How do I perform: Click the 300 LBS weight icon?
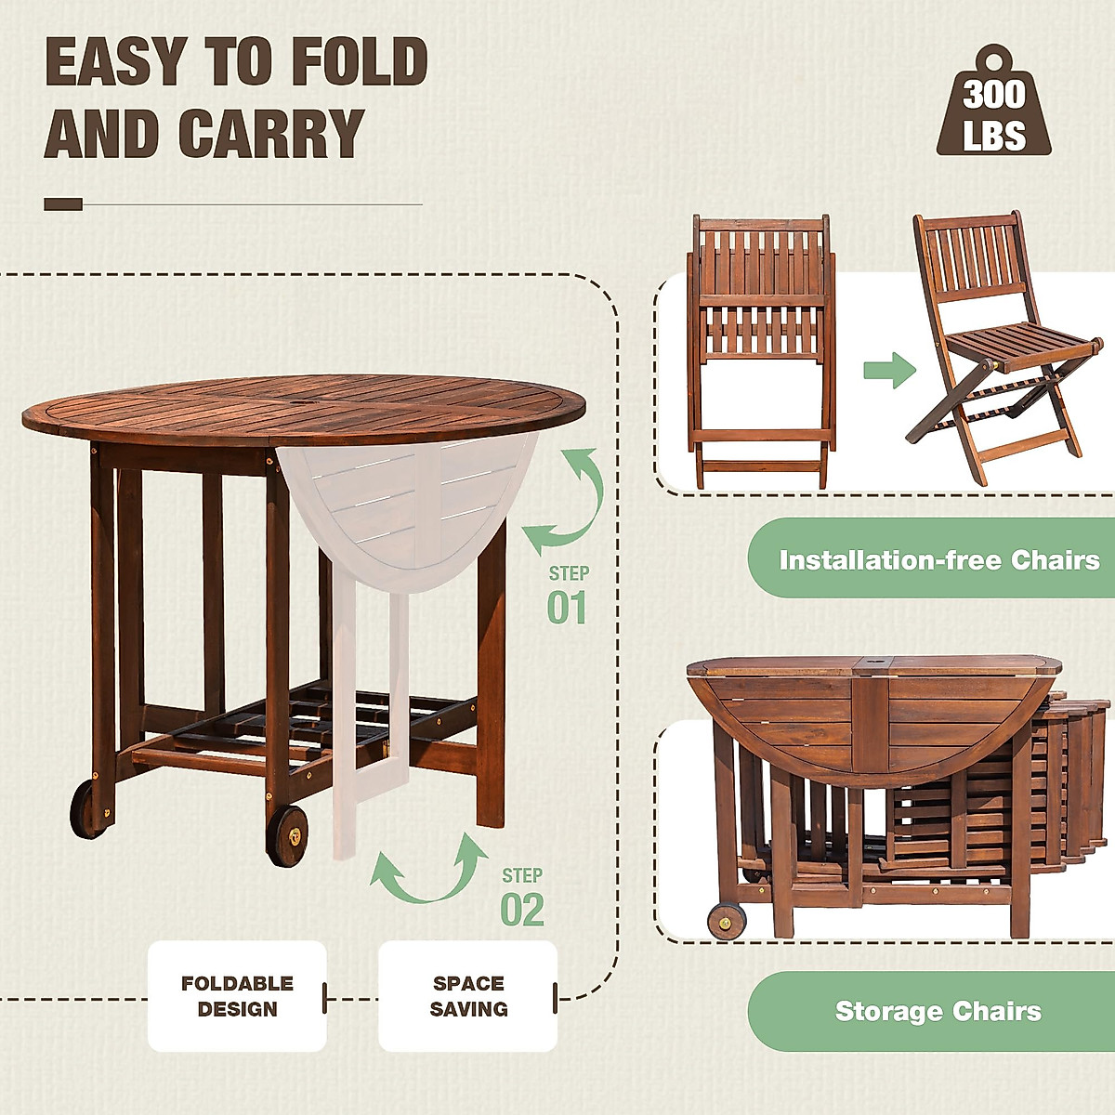point(993,107)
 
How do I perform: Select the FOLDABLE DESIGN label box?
point(237,996)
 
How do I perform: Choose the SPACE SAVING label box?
point(468,996)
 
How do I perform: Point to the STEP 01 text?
point(568,596)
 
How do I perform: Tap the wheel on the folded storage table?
point(726,922)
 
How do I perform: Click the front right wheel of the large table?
point(288,835)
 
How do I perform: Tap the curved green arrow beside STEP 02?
point(430,872)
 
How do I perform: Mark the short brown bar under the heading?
point(63,204)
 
